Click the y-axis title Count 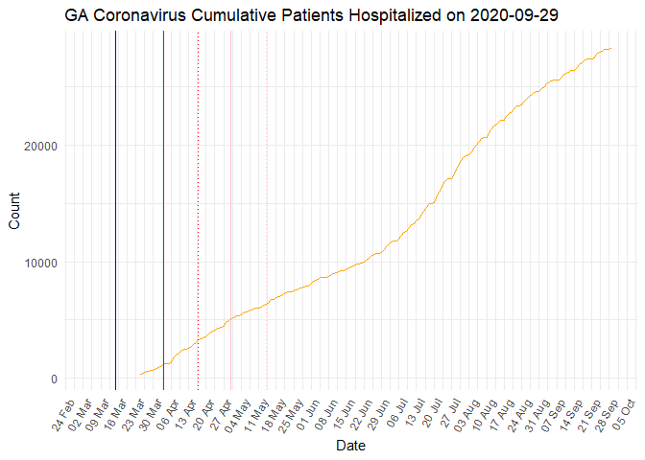pos(14,211)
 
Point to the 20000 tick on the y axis pos(43,146)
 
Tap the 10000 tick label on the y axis pos(43,263)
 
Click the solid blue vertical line pos(115,211)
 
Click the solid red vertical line pos(163,211)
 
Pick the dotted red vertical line pos(198,211)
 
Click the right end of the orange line pos(611,49)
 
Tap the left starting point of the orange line pos(140,374)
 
